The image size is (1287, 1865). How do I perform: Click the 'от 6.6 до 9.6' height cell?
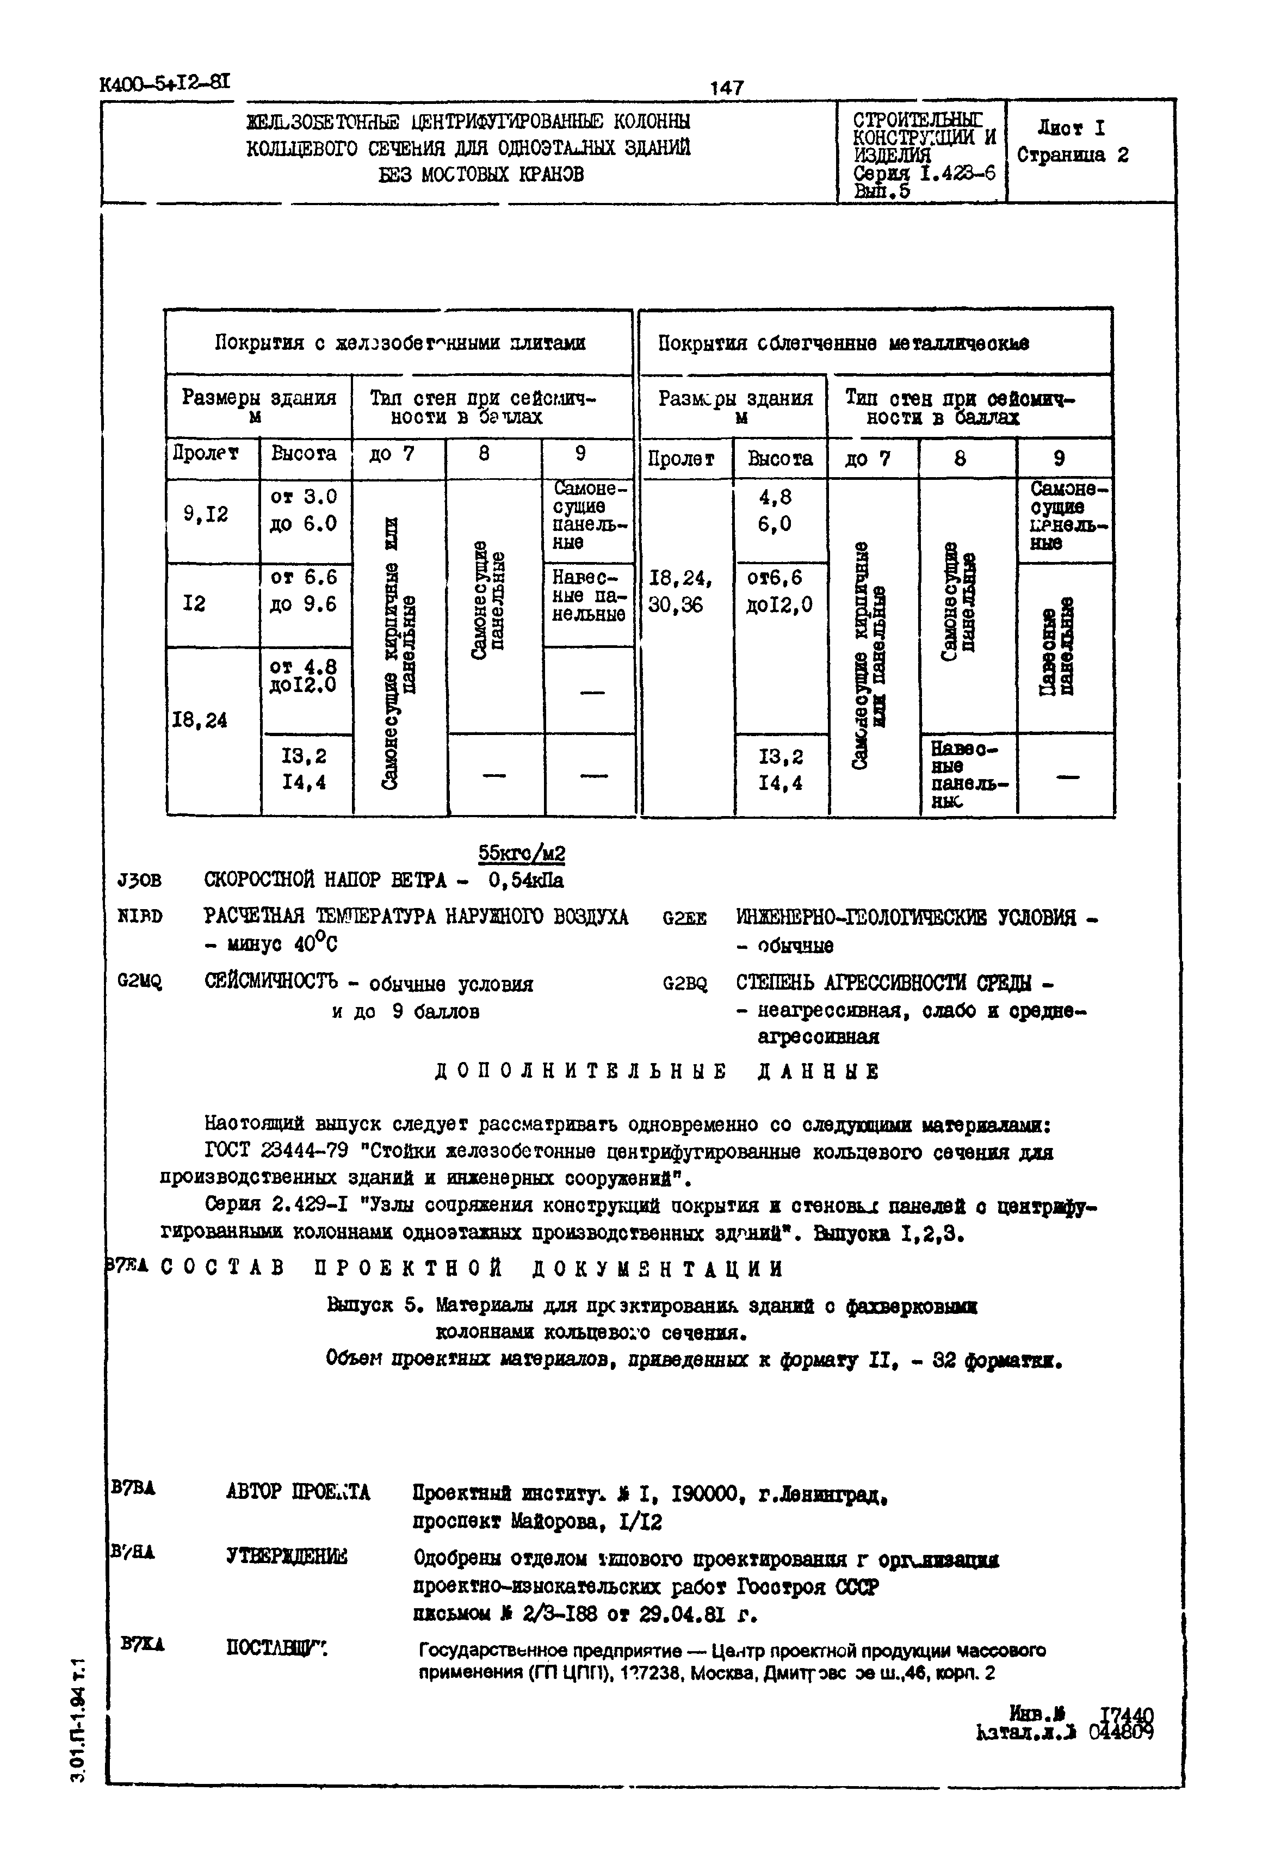coord(304,591)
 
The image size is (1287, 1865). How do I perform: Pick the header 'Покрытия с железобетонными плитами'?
coord(400,343)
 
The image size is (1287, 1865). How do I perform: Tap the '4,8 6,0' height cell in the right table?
coord(775,510)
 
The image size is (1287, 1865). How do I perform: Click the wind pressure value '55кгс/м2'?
coord(522,853)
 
